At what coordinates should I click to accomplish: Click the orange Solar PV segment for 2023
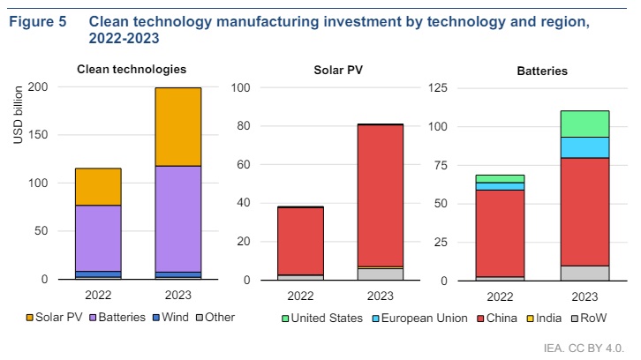[177, 126]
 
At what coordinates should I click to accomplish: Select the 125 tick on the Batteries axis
[438, 87]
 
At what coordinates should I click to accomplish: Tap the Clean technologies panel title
[132, 69]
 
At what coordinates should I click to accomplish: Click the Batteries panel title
[543, 70]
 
